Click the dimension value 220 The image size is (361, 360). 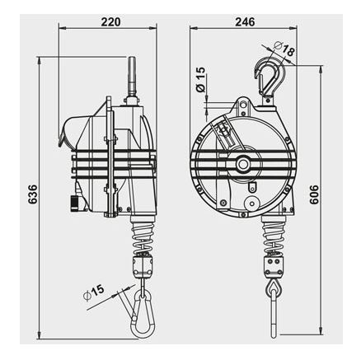[110, 21]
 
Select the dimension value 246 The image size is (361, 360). [245, 21]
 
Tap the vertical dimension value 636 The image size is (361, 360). [33, 194]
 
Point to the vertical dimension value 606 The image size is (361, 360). [314, 194]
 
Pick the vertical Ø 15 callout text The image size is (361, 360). [200, 79]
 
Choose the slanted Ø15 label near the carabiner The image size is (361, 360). [93, 292]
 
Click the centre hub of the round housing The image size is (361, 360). [242, 164]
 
